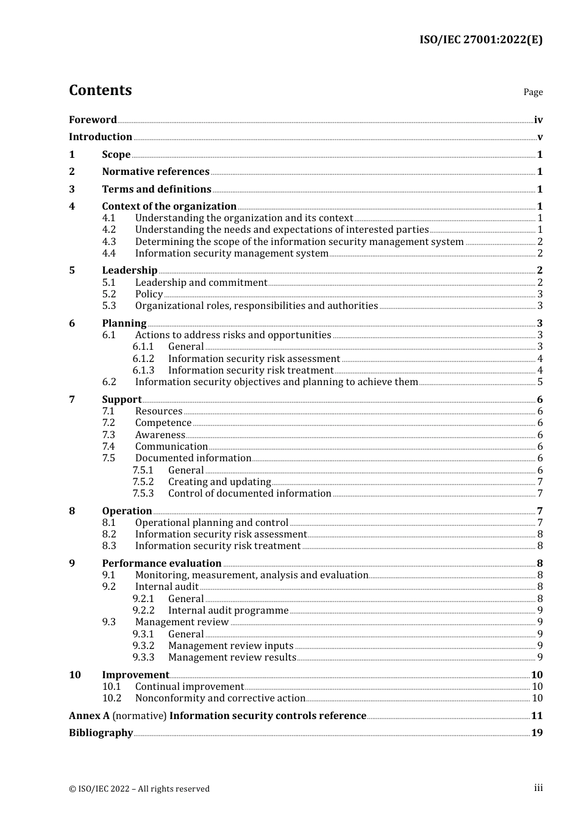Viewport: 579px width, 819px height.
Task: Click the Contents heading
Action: (100, 90)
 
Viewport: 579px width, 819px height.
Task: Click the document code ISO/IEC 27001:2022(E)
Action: (480, 40)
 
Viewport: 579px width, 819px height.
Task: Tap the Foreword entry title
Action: (93, 120)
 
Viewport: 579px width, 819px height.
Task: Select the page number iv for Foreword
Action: (538, 120)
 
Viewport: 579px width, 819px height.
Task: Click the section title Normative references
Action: (155, 172)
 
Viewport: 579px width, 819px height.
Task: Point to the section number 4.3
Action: (109, 242)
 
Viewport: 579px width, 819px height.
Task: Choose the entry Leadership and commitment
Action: (201, 283)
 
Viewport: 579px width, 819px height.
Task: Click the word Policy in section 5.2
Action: (149, 294)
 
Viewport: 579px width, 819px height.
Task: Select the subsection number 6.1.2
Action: (143, 359)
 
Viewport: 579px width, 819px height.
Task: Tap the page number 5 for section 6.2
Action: (540, 382)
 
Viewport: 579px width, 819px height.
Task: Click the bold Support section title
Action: (122, 400)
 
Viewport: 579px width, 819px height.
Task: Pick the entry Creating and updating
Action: (219, 482)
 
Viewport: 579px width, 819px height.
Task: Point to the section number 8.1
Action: (109, 523)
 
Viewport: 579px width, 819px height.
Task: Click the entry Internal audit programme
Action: (228, 611)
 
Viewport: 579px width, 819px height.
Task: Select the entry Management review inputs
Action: (230, 646)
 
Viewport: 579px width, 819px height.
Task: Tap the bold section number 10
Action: (75, 675)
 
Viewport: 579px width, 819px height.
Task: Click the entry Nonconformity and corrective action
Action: (220, 698)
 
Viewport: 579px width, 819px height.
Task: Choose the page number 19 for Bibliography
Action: (537, 733)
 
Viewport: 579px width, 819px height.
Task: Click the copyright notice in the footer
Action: (139, 789)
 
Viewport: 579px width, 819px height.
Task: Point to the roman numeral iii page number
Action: (538, 788)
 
